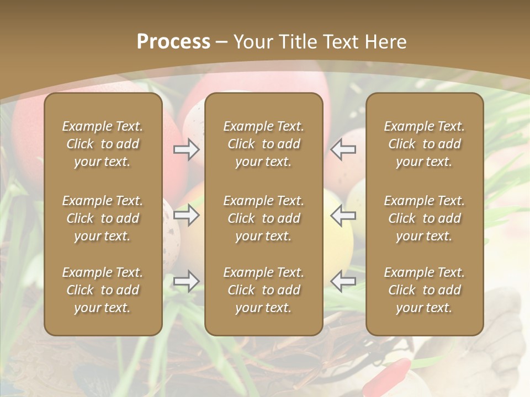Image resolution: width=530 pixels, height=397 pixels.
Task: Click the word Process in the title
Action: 173,42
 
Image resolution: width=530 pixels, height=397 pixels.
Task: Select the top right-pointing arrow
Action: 186,149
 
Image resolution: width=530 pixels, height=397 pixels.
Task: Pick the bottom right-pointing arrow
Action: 186,281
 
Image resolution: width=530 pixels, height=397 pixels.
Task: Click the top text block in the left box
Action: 103,144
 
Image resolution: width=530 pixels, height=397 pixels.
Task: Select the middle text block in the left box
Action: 103,218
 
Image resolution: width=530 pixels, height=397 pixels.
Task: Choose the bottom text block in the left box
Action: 103,290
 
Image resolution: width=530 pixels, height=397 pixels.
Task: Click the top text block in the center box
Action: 263,144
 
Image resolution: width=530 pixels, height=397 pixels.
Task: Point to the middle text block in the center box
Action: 263,218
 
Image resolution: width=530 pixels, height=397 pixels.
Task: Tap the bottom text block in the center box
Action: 263,290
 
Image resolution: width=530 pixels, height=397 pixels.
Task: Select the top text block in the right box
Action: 424,144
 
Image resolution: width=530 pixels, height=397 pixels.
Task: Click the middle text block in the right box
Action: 424,218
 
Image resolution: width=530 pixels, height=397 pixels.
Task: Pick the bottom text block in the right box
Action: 424,290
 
